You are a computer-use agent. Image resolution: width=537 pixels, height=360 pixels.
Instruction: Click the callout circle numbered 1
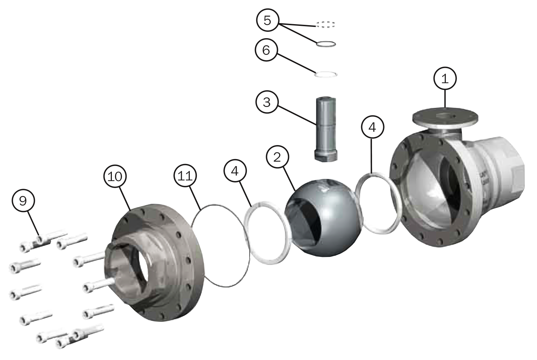coord(445,79)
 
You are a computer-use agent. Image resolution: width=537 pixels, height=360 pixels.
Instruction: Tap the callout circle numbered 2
coord(277,157)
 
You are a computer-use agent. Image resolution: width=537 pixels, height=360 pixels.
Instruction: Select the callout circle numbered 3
coord(267,102)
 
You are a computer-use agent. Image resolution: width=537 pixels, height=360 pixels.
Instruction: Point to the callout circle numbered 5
coord(267,20)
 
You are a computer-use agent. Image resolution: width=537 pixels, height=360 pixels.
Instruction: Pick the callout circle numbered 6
coord(266,50)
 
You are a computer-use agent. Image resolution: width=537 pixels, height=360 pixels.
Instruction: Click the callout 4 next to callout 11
coord(235,171)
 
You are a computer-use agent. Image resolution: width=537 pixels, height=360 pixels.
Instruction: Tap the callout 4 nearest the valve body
coord(373,127)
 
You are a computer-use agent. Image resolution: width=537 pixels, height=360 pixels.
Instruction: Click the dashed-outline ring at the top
coord(325,24)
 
